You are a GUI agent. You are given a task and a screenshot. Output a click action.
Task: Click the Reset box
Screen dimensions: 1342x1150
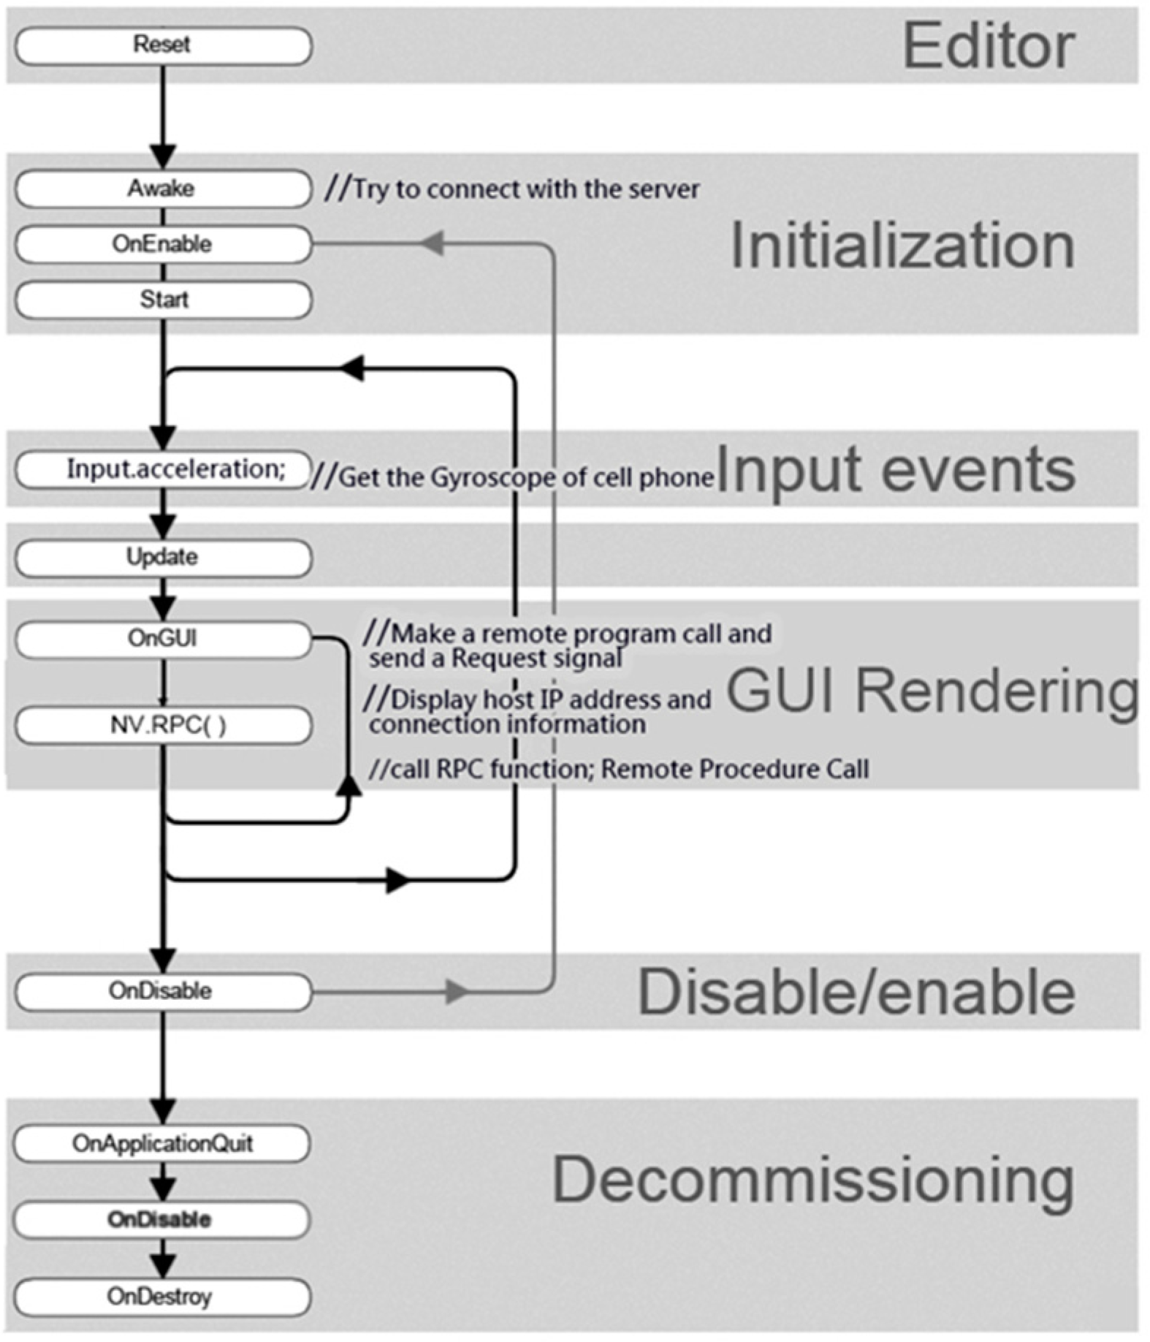[x=162, y=45]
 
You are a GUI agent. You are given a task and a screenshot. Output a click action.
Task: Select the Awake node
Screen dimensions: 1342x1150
[x=162, y=189]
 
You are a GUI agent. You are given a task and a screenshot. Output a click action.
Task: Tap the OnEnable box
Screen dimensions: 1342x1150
[x=162, y=244]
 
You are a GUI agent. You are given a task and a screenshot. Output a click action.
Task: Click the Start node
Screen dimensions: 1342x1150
[x=162, y=300]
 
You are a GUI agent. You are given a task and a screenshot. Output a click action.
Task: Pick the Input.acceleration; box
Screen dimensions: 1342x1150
[x=162, y=469]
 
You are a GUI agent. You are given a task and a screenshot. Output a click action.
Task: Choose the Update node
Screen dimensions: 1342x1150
[x=162, y=558]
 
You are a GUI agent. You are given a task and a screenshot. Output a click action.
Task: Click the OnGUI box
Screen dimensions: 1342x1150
[x=162, y=639]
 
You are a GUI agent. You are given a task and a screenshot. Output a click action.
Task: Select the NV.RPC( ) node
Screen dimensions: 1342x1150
[x=162, y=725]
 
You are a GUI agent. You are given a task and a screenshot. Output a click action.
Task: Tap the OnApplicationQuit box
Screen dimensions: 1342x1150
[x=162, y=1144]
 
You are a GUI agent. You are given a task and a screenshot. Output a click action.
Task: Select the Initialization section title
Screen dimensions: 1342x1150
[x=902, y=246]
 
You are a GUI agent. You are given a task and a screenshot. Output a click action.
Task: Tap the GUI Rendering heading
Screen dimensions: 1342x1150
[x=932, y=691]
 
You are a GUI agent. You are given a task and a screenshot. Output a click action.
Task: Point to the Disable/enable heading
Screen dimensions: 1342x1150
[x=856, y=993]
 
